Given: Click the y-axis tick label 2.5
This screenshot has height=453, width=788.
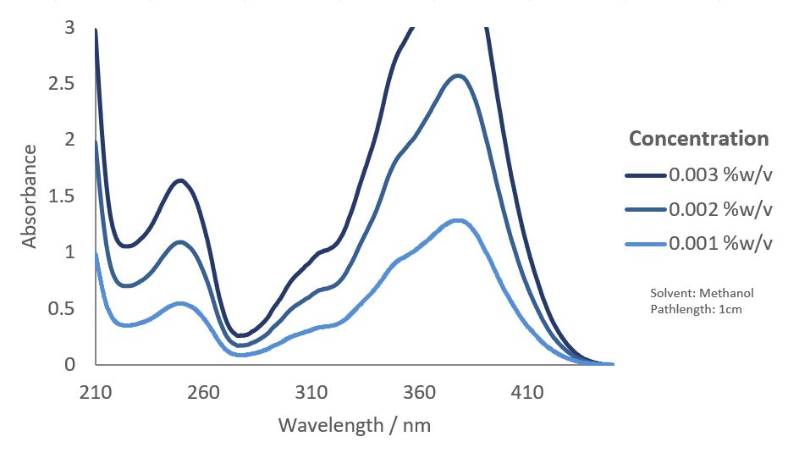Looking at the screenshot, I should coord(61,85).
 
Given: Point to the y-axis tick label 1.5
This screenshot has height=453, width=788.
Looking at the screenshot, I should coord(61,196).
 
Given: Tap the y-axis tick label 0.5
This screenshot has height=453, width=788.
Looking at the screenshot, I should coord(61,308).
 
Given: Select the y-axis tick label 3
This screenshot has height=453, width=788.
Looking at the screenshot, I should coord(69,29).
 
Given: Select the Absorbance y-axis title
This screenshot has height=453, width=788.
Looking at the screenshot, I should coord(30,196).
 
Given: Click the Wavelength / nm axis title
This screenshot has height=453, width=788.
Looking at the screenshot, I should coord(355,424).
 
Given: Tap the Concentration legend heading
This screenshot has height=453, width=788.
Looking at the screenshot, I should coord(698,138).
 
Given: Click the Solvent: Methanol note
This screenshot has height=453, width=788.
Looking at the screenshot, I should coord(702,293).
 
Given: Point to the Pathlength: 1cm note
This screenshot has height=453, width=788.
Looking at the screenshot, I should coord(696,309).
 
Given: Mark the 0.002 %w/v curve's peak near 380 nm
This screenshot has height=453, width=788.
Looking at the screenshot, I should coord(459,76).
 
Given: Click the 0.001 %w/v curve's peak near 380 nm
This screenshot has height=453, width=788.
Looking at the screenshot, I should coord(459,221).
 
